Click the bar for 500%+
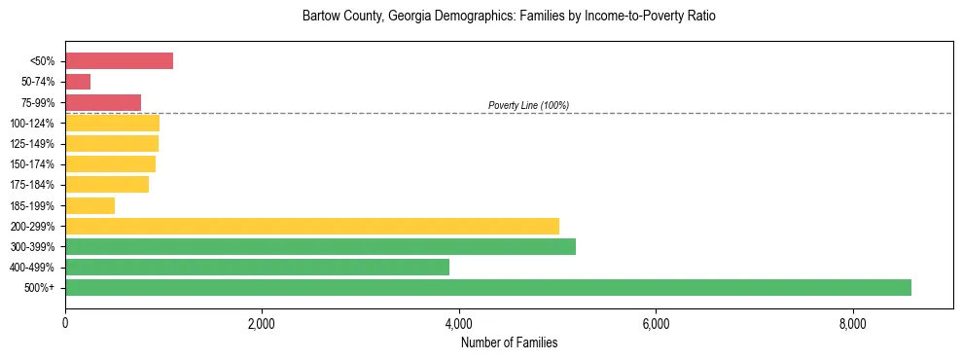[487, 287]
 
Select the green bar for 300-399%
[320, 246]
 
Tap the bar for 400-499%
[257, 267]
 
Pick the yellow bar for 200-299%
[311, 226]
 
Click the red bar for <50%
[119, 61]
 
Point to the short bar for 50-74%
[78, 82]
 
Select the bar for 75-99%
[103, 102]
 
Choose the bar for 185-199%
[89, 205]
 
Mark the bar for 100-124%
[112, 124]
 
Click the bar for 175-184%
[107, 185]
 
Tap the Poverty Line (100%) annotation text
[528, 105]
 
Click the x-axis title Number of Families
[509, 342]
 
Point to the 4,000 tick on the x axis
[459, 324]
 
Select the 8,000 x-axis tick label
[852, 324]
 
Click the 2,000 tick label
[262, 324]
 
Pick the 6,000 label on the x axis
[656, 324]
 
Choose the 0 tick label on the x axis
[65, 324]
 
